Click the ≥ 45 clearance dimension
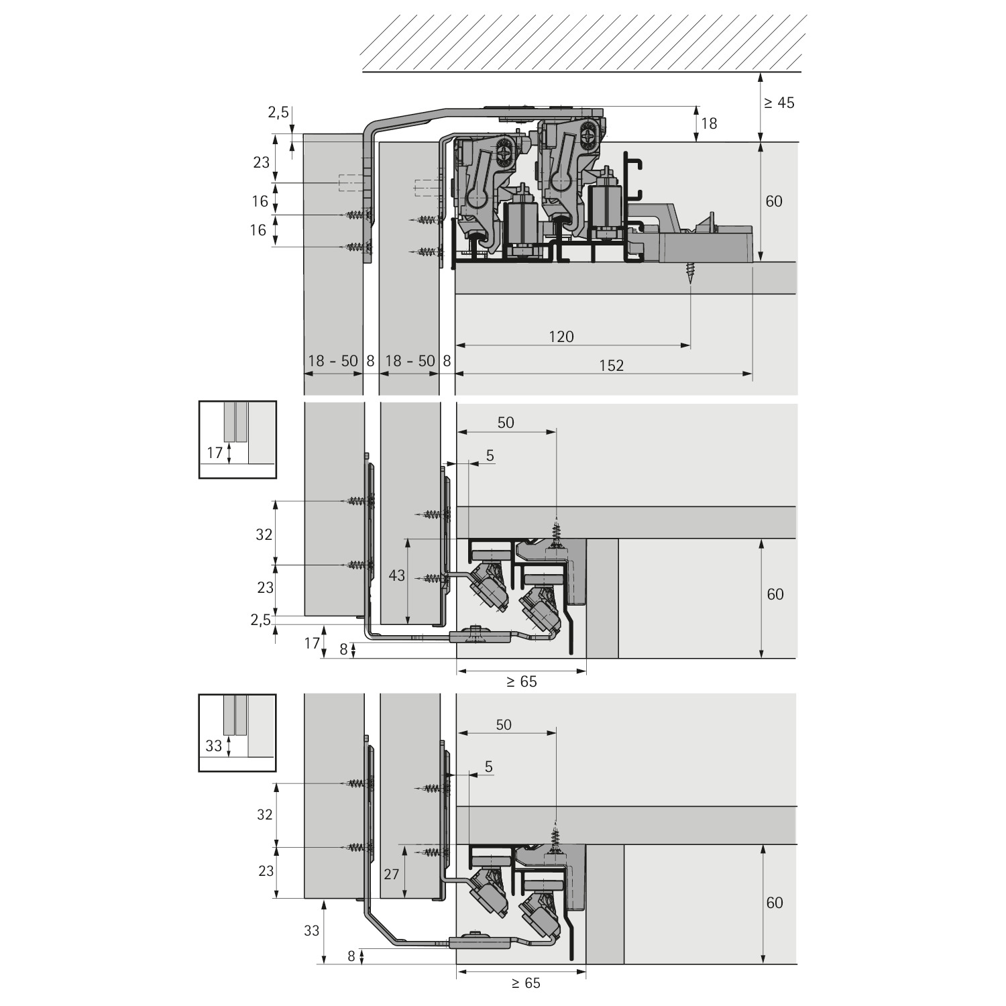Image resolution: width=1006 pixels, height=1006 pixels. coord(778,103)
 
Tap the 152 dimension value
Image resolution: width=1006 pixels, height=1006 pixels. coord(612,366)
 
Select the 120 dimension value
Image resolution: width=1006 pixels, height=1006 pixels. coord(561,337)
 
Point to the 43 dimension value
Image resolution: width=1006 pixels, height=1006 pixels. coord(397,575)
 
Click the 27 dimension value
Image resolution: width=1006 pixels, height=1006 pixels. coord(391,875)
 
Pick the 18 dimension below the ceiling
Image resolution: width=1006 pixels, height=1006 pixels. coord(709,123)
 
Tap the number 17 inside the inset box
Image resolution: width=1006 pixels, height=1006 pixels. coord(215,453)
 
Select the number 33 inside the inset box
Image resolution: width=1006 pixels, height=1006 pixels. coord(213,746)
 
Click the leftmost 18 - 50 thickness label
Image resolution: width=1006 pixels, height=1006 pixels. coord(333,361)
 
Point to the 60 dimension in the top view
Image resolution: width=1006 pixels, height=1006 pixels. coord(774,201)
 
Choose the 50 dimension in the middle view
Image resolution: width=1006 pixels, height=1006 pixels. coord(506,422)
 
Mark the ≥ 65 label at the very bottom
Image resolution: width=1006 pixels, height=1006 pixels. coord(525,983)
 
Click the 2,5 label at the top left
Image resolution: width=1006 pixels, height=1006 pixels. coord(278,113)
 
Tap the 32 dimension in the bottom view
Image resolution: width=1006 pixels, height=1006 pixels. coord(265,814)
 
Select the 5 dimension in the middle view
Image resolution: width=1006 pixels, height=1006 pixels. coord(490,455)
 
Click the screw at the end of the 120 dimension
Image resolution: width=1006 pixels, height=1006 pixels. coord(690,274)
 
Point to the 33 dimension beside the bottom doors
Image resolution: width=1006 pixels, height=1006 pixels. coord(311,931)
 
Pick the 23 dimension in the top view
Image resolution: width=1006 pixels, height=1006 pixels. coord(262,162)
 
